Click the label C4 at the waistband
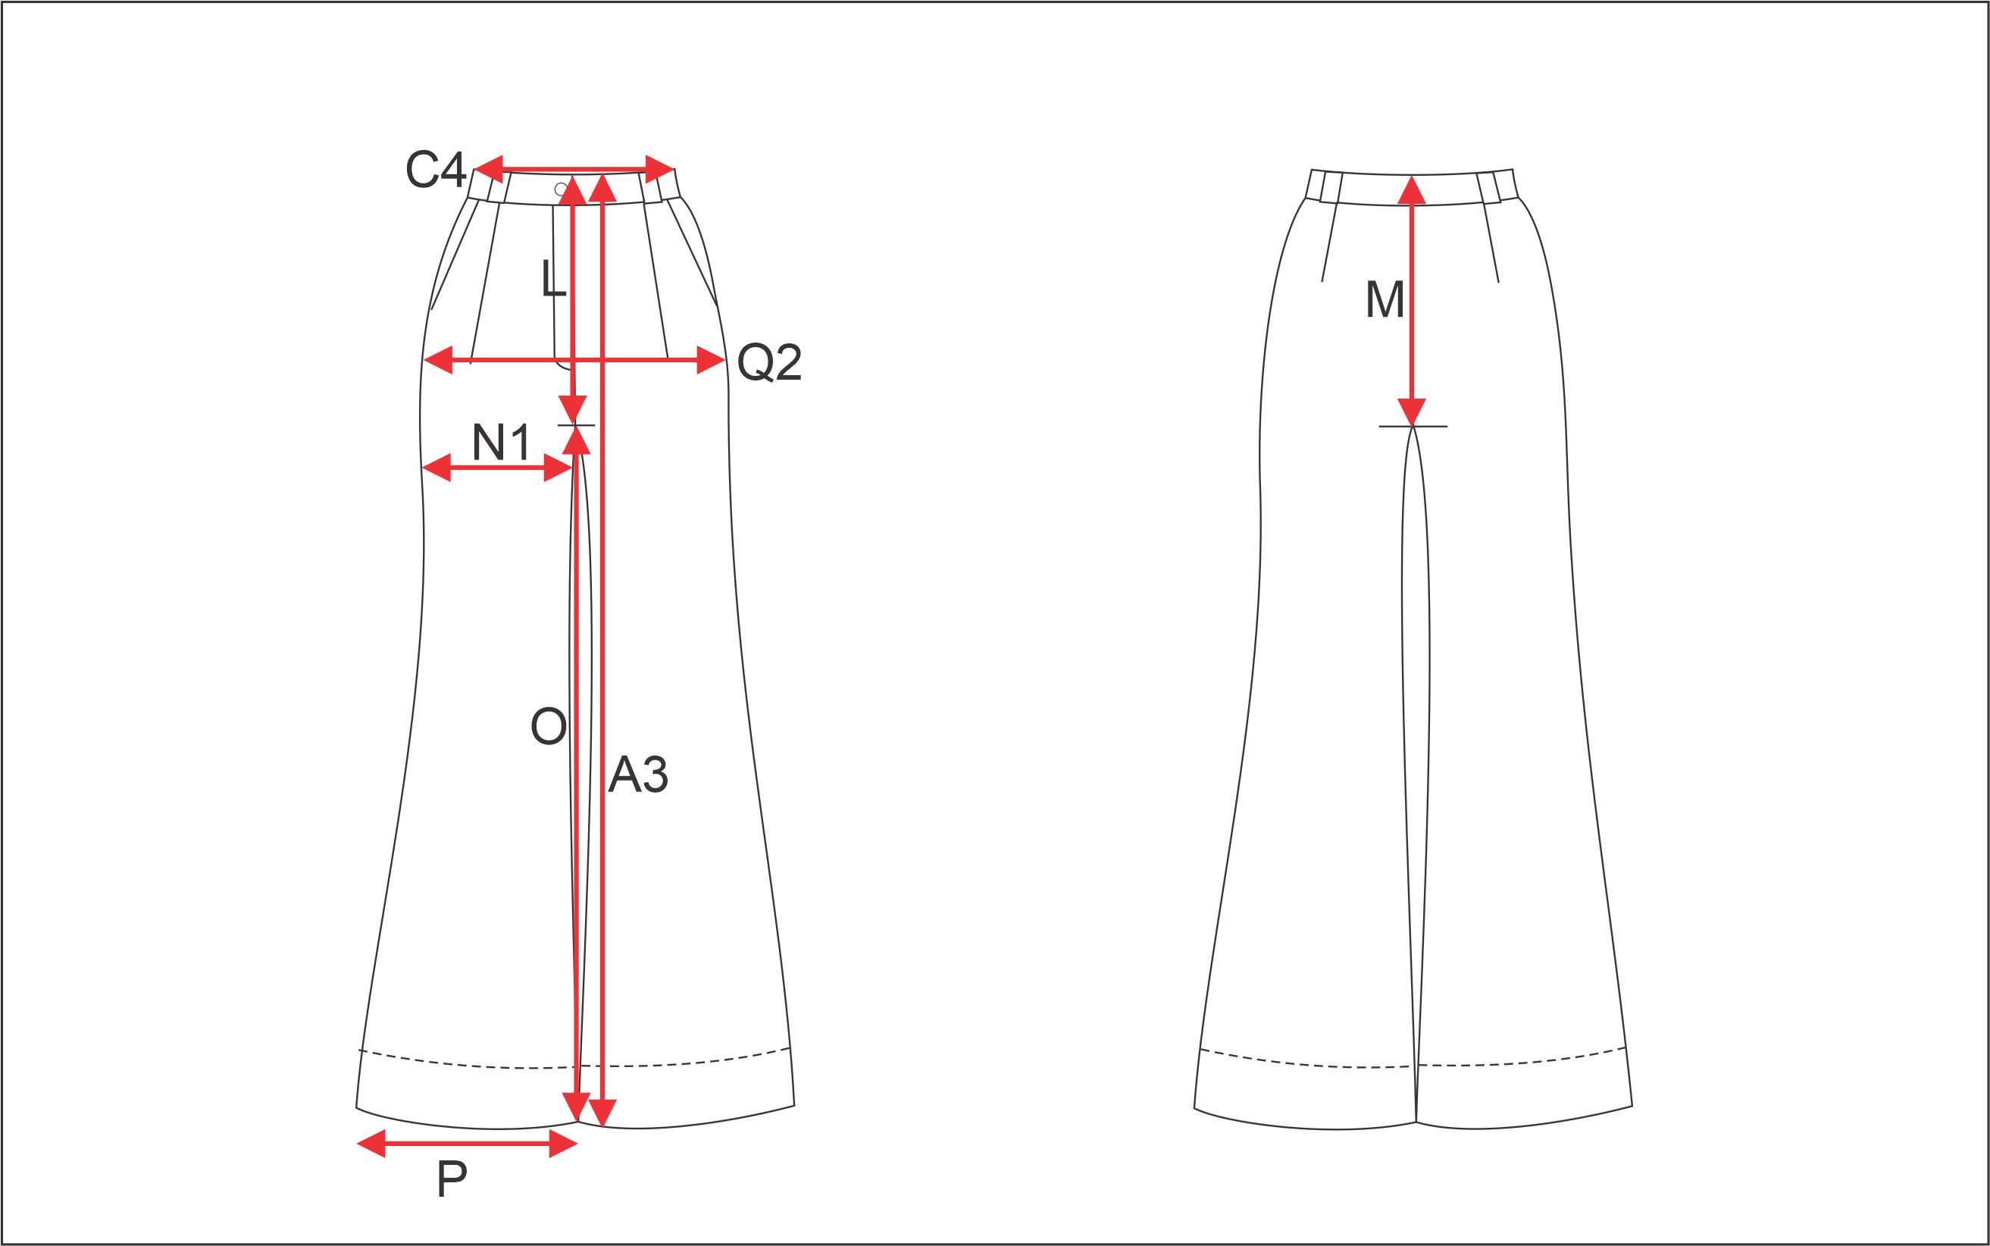point(435,170)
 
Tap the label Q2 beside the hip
point(770,362)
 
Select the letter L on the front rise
point(553,279)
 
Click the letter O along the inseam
point(549,727)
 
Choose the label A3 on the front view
point(638,775)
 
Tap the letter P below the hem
point(452,1179)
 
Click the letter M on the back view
point(1385,299)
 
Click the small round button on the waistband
point(561,189)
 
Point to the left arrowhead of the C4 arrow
point(490,170)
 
